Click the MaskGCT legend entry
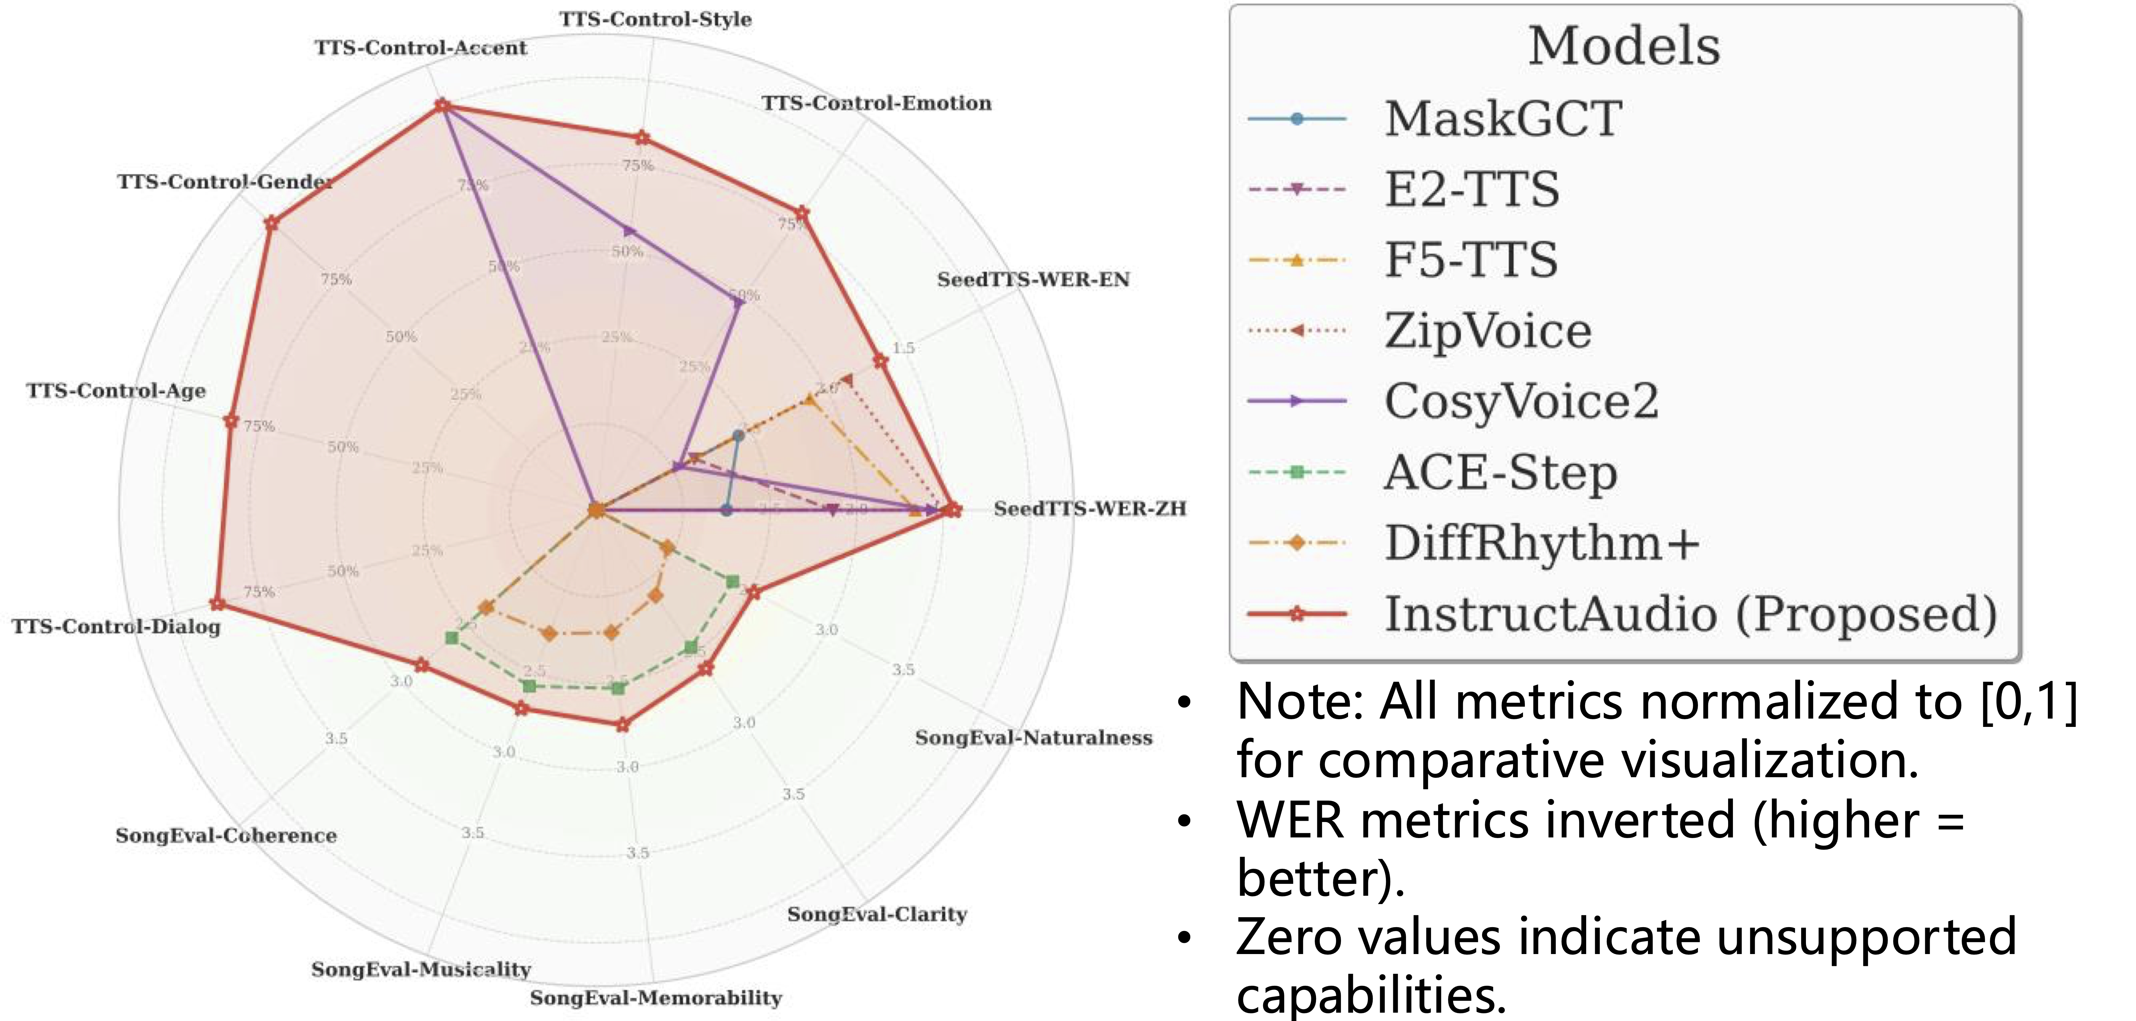coord(1503,119)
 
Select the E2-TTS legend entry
coord(1472,189)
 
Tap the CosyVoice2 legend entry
coord(1521,401)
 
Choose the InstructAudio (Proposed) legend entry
coord(1690,614)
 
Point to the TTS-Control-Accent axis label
coord(420,48)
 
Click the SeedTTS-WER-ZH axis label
coord(1089,509)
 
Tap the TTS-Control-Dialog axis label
coord(116,627)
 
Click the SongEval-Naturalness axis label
coord(1033,737)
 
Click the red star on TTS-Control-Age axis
coord(231,422)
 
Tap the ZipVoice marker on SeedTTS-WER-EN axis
coord(846,380)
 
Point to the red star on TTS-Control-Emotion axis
coord(802,214)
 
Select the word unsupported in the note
coord(1866,937)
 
